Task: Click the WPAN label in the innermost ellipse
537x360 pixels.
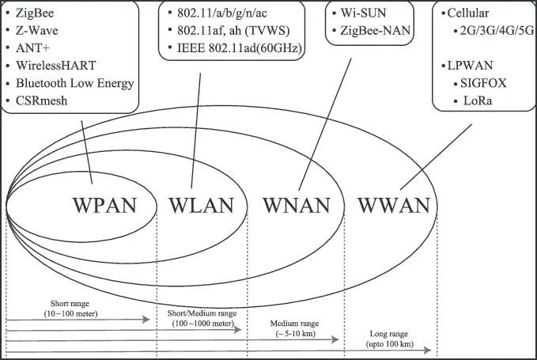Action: point(105,206)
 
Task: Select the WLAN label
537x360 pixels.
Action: point(202,206)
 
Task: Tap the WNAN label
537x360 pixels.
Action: point(297,206)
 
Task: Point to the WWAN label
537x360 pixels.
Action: point(394,206)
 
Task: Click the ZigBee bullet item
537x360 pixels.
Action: point(35,13)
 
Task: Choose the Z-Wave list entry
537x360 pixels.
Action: point(36,31)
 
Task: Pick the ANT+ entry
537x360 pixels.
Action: point(32,48)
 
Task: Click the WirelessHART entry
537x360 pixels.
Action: point(56,66)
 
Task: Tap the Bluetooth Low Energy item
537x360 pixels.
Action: point(74,83)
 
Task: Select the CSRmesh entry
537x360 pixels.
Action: point(41,100)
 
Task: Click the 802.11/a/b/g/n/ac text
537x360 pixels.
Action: point(222,13)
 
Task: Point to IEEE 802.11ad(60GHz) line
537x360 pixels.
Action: point(240,48)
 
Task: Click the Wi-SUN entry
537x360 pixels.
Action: point(363,13)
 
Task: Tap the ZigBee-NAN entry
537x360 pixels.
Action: point(376,31)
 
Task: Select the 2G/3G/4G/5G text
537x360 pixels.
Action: point(497,31)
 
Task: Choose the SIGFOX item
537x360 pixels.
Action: point(483,83)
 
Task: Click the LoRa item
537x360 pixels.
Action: point(478,100)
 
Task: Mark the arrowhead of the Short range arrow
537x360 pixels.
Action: point(146,320)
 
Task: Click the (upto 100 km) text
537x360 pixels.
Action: point(390,344)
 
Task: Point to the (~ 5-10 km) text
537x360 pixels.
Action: point(296,333)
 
